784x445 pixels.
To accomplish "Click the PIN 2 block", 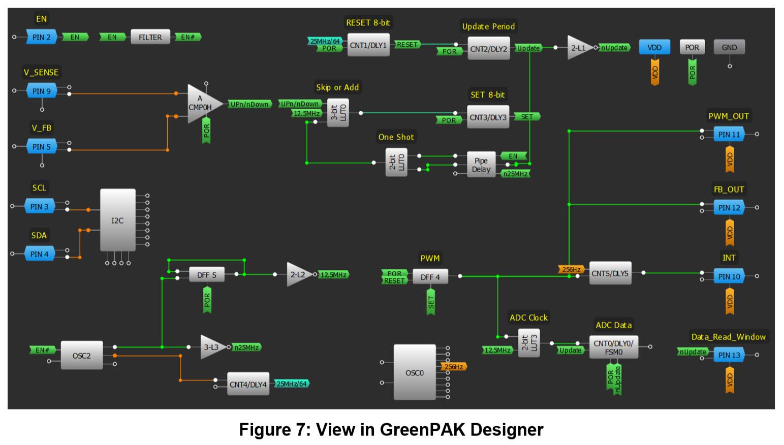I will click(x=41, y=37).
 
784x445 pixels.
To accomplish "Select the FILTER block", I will click(x=150, y=37).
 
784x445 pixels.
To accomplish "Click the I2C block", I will click(x=117, y=220).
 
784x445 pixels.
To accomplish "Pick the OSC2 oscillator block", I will click(x=81, y=355).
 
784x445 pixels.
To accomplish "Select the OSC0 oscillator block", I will click(x=414, y=372).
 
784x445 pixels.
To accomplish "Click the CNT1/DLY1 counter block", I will click(x=368, y=45).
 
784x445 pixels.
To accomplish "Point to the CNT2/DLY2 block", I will click(x=488, y=49).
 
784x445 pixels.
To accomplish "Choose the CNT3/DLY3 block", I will click(x=488, y=117).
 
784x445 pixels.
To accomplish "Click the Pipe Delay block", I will click(x=481, y=165).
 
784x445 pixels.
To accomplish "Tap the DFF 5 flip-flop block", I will click(x=206, y=275).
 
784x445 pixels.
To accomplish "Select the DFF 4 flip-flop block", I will click(x=430, y=277).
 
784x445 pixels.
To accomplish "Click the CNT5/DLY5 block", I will click(x=610, y=273).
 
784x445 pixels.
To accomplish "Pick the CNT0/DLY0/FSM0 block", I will click(x=613, y=347).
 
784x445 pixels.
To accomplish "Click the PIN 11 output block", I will click(x=729, y=135).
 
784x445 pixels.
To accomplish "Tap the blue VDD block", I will click(x=654, y=47).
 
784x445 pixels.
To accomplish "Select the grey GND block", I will click(x=729, y=47).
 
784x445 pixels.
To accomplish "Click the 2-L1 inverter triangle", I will click(x=578, y=48).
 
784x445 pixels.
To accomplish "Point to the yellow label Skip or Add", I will click(x=337, y=87).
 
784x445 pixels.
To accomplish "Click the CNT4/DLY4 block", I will click(x=247, y=384).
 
